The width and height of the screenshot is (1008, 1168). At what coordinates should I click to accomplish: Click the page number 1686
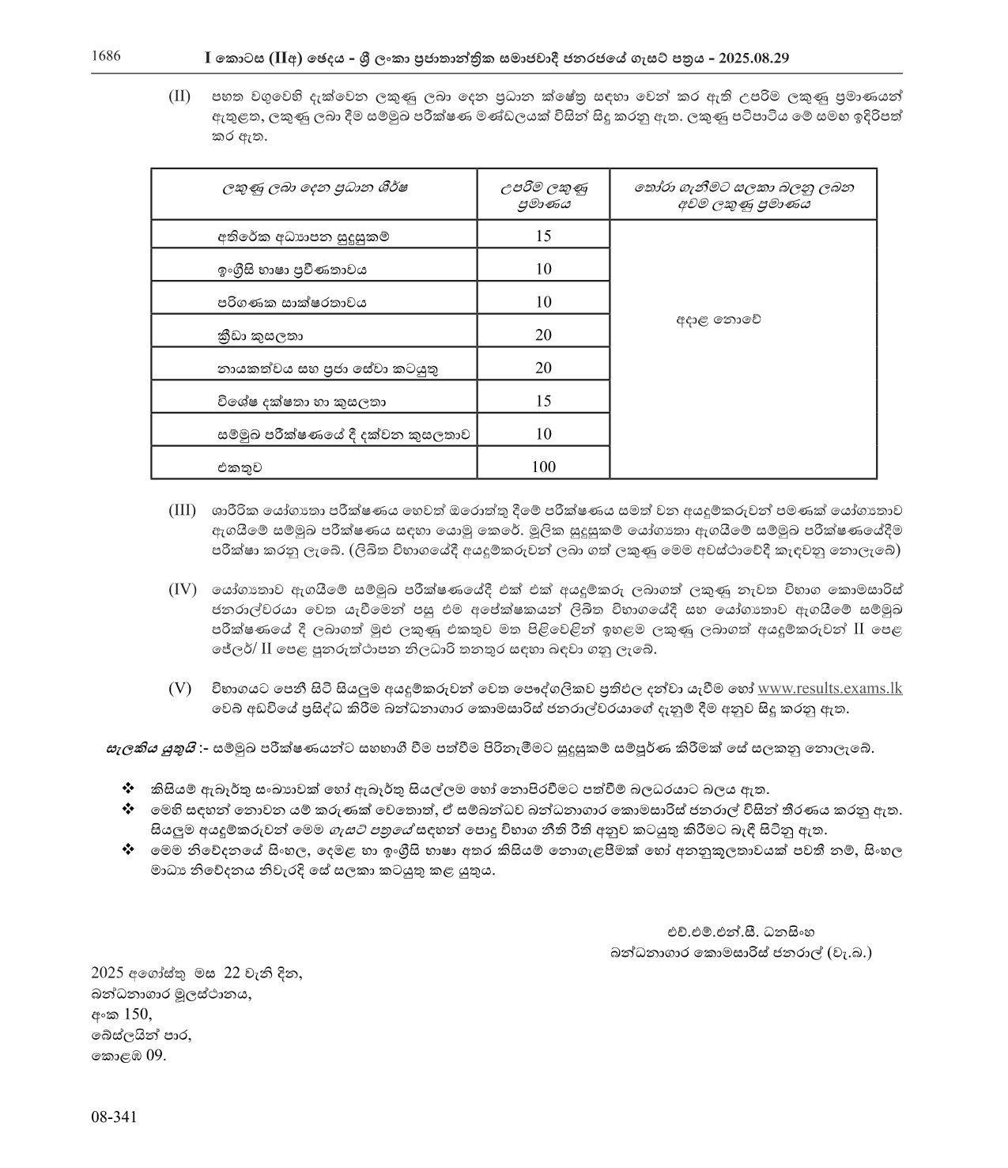pos(106,56)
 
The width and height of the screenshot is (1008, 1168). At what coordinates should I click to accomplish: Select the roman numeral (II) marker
pos(179,96)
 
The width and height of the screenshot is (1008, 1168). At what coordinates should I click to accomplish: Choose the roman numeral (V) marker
pos(179,688)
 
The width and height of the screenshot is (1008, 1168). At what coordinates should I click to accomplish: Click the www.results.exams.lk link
pos(829,688)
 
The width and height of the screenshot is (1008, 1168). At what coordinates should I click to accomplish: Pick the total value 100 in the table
pos(543,467)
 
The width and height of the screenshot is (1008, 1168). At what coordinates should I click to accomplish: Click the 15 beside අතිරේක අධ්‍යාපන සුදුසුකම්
pos(543,236)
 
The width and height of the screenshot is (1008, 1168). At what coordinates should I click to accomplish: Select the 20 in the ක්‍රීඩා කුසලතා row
pos(543,335)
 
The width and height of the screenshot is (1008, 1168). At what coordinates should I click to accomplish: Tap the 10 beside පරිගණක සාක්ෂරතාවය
pos(543,302)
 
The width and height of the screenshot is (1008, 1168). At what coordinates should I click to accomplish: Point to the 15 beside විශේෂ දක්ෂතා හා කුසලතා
pos(543,401)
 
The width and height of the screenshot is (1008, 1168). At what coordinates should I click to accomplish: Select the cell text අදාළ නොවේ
pos(718,320)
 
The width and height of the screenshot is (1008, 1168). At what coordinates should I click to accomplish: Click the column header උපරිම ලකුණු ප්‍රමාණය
pos(544,195)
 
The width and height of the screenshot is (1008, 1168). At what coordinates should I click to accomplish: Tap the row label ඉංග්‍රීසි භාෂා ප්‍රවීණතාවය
pos(293,270)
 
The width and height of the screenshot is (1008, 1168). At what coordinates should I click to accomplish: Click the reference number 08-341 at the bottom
pos(115,1117)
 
